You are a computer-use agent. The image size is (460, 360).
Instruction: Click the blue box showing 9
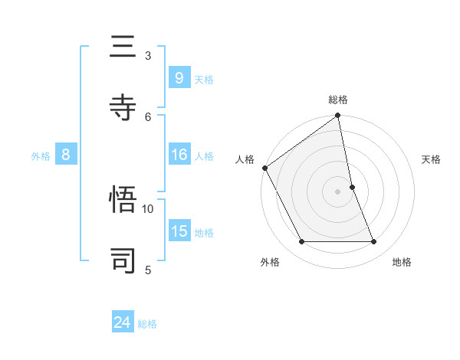(179, 77)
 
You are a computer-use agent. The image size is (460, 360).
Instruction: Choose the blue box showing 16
(179, 155)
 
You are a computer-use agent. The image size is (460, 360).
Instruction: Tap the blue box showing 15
(179, 231)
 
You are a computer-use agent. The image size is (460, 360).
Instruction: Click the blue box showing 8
(66, 155)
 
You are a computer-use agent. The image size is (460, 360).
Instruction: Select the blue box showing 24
(123, 323)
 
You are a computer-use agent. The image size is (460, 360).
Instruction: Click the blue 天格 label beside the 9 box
(204, 79)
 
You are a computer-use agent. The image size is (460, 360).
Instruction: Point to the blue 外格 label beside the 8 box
(41, 156)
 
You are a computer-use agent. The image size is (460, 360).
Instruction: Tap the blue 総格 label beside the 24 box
(147, 325)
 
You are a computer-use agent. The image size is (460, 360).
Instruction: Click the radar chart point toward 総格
(337, 116)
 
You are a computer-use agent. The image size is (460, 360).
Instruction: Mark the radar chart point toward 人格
(264, 168)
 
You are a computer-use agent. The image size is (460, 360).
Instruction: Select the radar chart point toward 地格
(374, 242)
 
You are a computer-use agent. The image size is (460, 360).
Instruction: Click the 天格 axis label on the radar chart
(432, 159)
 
